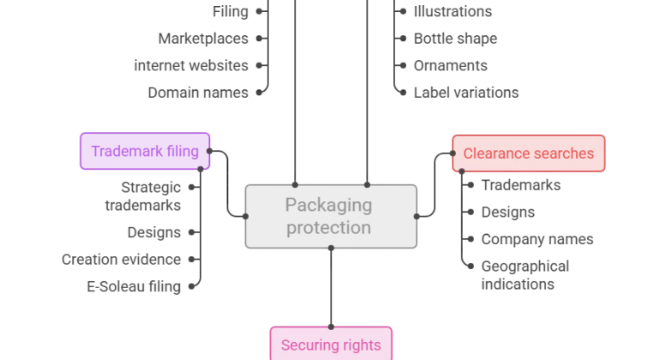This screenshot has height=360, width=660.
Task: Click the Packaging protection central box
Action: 331,216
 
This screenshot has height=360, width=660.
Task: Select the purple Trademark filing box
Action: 145,151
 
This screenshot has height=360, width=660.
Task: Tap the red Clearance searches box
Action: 529,153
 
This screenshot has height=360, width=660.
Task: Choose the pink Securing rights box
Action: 331,344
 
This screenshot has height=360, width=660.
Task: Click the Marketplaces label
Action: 203,39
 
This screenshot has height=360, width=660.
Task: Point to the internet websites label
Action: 191,66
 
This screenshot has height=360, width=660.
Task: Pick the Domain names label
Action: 198,93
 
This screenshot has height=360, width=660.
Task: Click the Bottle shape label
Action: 455,39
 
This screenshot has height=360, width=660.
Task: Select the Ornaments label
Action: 450,66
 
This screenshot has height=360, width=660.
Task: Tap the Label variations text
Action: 466,93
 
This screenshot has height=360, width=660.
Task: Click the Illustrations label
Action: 453,12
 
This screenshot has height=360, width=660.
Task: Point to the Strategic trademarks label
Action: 143,196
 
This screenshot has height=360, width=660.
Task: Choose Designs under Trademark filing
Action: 154,232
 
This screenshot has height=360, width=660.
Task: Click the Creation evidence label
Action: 121,260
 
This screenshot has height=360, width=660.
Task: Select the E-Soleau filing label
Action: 134,287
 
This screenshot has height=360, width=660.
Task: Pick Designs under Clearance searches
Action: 508,213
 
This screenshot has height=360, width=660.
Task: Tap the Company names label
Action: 537,239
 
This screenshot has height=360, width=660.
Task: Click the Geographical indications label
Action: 525,275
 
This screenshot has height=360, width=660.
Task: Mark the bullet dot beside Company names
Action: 471,239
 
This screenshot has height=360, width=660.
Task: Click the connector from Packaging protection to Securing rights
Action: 331,288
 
